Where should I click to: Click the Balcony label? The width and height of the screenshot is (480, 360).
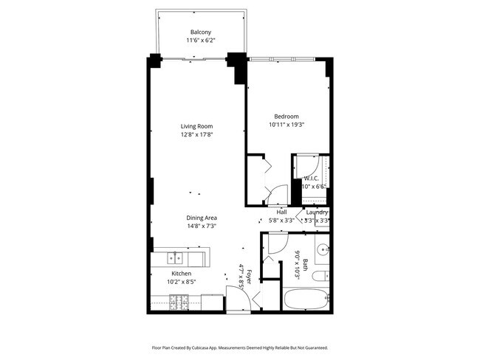[201, 32]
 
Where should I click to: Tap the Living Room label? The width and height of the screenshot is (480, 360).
[197, 126]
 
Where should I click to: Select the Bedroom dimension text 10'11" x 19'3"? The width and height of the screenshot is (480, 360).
[287, 125]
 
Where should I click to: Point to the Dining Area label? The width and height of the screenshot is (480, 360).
[201, 218]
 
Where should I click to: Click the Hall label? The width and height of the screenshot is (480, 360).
[281, 212]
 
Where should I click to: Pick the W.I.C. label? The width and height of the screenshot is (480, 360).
[311, 179]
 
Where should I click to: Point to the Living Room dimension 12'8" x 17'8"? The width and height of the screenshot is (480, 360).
[197, 134]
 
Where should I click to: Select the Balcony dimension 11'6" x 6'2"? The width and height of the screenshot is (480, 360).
[201, 41]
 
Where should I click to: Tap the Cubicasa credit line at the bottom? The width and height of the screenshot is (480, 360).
[240, 347]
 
